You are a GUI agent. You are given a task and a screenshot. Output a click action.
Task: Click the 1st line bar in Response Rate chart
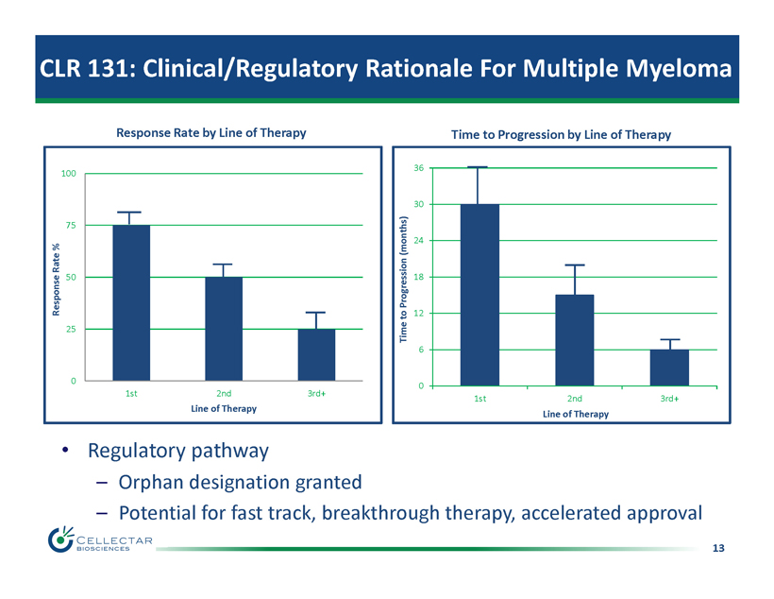131,302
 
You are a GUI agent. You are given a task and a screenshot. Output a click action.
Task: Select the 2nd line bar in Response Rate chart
224,328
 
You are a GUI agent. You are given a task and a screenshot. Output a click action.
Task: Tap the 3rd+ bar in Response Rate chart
316,354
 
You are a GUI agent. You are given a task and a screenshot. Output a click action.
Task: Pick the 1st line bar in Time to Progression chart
480,295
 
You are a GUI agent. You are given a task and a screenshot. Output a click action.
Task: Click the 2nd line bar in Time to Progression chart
574,340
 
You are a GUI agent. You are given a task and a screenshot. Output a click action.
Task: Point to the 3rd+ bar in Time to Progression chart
668,368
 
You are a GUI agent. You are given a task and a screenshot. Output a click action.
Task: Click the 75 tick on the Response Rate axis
68,225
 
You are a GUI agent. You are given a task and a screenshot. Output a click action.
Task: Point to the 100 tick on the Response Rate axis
68,174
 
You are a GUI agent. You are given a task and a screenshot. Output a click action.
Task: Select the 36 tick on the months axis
417,168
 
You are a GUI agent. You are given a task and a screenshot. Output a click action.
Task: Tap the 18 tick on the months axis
417,277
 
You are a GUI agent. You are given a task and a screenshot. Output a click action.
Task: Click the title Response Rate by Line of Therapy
210,133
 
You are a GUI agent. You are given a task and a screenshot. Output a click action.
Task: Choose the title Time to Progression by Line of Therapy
561,134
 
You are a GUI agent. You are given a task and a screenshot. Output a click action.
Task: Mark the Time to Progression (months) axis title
403,277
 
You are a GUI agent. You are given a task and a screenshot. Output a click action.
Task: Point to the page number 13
719,548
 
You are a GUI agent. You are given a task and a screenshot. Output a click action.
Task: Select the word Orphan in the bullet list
154,483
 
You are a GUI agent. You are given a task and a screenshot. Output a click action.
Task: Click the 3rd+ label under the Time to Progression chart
668,399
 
